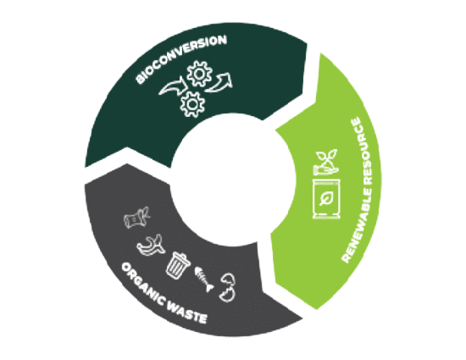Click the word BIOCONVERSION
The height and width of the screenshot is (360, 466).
(x=181, y=58)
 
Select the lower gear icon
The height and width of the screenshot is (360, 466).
(x=192, y=104)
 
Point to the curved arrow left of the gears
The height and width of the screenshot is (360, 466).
(x=173, y=86)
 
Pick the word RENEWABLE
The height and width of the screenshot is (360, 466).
(x=359, y=220)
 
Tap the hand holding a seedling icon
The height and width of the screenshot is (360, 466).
(x=326, y=162)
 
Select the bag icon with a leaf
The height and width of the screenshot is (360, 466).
(x=326, y=199)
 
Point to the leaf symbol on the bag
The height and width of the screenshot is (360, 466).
(x=326, y=198)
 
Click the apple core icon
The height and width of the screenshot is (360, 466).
(x=136, y=218)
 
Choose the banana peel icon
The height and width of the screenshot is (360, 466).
(x=150, y=246)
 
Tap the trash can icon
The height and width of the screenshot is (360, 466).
(x=177, y=265)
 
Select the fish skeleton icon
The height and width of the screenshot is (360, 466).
(x=204, y=279)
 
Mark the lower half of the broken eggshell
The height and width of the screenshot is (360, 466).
(x=227, y=295)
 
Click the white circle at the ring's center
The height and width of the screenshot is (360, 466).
(x=232, y=180)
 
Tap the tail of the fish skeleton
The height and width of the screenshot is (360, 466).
(x=210, y=287)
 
